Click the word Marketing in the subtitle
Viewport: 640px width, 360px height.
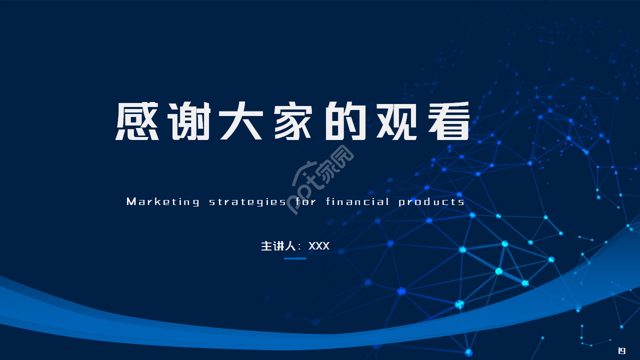click(163, 202)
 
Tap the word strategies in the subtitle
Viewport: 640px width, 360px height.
click(247, 202)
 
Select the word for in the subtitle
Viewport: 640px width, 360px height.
click(305, 202)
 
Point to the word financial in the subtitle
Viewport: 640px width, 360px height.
click(357, 202)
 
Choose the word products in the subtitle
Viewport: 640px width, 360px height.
click(431, 202)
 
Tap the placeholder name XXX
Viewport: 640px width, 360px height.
click(319, 246)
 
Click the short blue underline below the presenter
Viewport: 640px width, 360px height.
click(295, 258)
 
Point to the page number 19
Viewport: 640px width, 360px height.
click(622, 351)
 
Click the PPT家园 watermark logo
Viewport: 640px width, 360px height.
click(322, 180)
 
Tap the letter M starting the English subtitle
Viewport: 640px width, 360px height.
click(131, 202)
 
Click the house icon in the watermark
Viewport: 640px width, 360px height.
click(305, 170)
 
